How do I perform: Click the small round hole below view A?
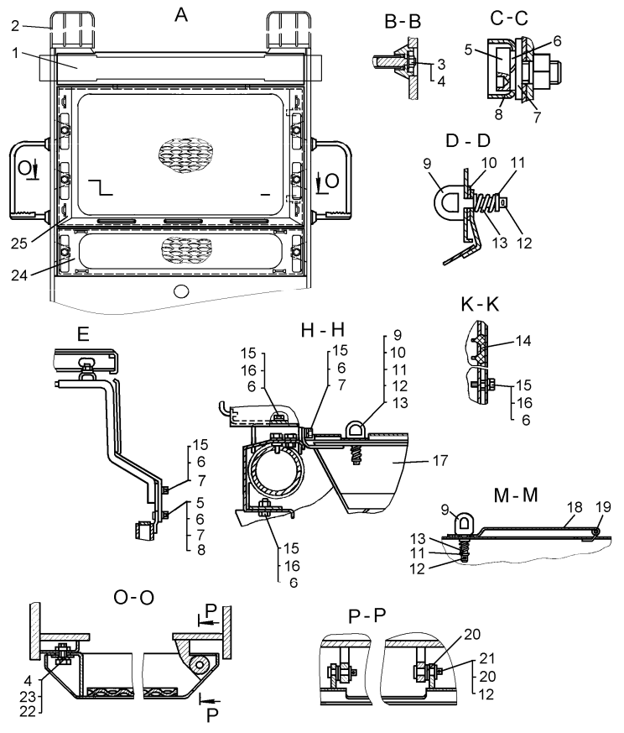(x=179, y=291)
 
